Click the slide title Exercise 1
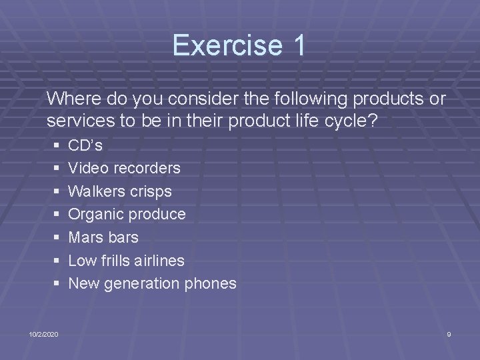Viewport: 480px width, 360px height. coord(239,45)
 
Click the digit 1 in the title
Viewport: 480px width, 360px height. coord(297,45)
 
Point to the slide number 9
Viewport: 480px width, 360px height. coord(449,333)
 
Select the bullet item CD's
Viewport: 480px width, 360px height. coord(85,145)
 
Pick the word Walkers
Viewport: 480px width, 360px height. coord(95,191)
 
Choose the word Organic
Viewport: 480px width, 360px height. coord(95,214)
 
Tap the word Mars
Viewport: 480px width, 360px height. coord(86,237)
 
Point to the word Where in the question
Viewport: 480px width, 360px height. coord(74,99)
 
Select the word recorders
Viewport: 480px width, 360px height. coord(147,167)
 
